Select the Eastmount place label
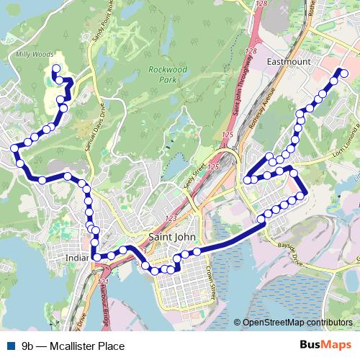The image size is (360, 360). point(289,62)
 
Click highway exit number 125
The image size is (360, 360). point(228,135)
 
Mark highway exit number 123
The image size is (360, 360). point(171,218)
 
